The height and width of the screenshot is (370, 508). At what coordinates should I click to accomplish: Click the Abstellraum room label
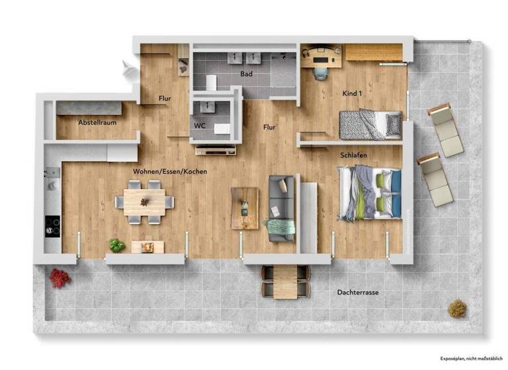click(x=98, y=123)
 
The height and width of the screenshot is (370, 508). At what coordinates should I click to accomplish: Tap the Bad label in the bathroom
click(x=246, y=74)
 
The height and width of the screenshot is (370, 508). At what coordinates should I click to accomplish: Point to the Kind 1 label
click(x=353, y=94)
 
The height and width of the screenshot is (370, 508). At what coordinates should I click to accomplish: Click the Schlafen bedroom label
click(x=354, y=155)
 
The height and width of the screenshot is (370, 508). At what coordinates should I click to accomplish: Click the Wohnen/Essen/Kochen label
click(x=170, y=172)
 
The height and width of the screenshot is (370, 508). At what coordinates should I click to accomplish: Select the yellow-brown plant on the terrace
click(x=456, y=308)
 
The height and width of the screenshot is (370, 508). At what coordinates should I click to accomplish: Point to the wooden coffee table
click(x=245, y=208)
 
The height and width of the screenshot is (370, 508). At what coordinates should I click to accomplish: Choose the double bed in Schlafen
click(x=370, y=192)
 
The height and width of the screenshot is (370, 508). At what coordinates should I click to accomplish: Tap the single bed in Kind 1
click(x=370, y=124)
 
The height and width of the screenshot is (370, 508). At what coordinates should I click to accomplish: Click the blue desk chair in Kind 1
click(x=321, y=69)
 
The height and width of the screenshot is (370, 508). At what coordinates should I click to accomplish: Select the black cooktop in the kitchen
click(x=52, y=227)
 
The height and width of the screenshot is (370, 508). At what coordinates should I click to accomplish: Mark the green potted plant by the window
click(x=117, y=246)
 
